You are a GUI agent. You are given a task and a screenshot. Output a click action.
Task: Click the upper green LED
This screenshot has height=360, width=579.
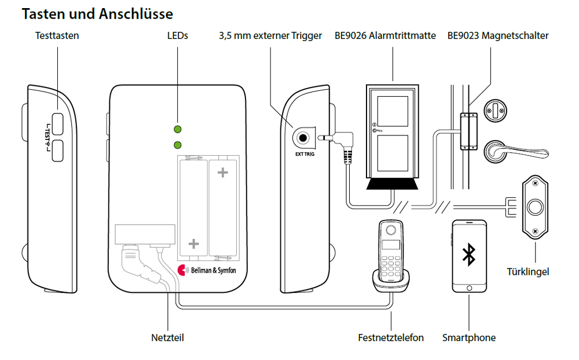pos(178,129)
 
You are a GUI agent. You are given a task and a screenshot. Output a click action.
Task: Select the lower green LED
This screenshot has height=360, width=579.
pos(178,144)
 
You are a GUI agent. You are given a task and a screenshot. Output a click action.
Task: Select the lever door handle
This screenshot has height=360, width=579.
pos(510,152)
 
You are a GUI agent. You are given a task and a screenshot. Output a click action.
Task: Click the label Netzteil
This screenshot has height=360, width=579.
pos(167,337)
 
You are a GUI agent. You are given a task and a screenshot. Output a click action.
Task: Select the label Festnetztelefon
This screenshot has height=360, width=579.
pos(391,337)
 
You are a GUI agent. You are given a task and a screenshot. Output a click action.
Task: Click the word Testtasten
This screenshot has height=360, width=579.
pos(57,36)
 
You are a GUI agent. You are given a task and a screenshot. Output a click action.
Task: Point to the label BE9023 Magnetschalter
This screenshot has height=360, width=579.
pos(497,36)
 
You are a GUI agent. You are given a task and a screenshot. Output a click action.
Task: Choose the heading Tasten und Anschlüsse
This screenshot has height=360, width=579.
pos(97,13)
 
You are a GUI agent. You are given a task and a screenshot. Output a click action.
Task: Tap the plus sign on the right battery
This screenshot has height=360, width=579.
pos(222,172)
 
